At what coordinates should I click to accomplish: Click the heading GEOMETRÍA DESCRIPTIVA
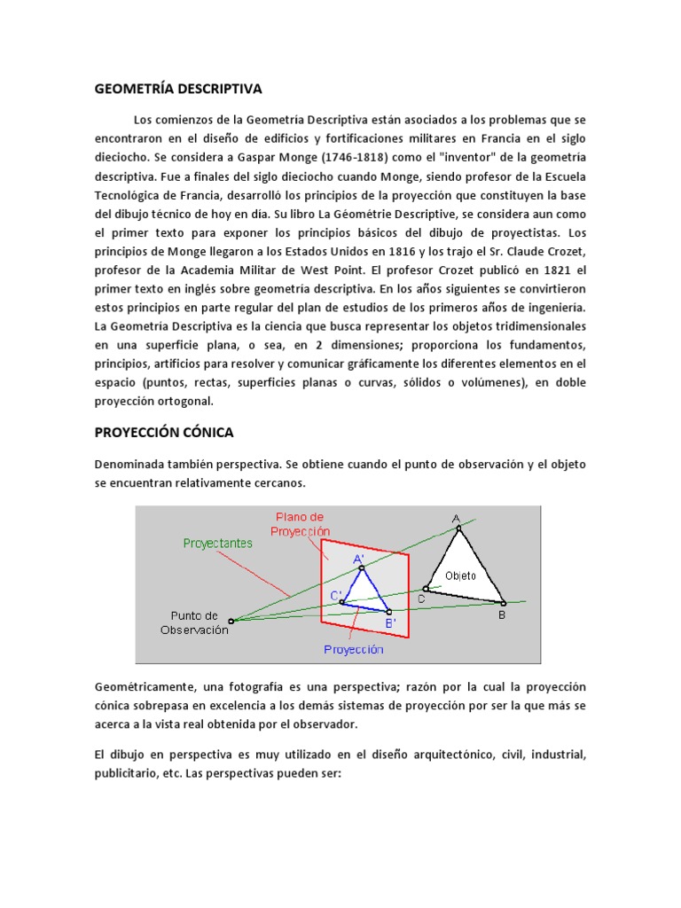(x=178, y=90)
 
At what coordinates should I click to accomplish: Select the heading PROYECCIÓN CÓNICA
(x=164, y=433)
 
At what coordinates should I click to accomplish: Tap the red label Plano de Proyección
(x=300, y=522)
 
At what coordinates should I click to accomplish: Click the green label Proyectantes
(x=218, y=542)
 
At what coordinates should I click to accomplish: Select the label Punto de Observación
(x=194, y=622)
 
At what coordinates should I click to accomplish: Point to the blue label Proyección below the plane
(x=353, y=649)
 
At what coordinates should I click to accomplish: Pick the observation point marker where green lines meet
(x=231, y=621)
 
